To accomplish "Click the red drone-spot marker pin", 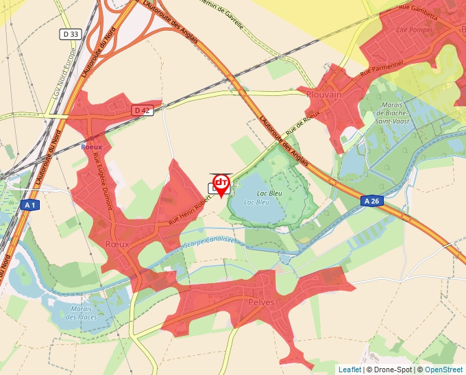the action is pyautogui.click(x=221, y=184).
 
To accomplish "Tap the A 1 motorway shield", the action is pyautogui.click(x=29, y=205).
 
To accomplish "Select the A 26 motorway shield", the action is pyautogui.click(x=371, y=201).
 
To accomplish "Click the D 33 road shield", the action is pyautogui.click(x=71, y=33).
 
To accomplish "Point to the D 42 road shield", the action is pyautogui.click(x=142, y=110).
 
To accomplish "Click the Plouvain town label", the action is pyautogui.click(x=325, y=95).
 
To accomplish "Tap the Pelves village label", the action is pyautogui.click(x=262, y=302).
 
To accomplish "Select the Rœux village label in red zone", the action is pyautogui.click(x=117, y=243).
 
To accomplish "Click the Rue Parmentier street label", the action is pyautogui.click(x=385, y=68).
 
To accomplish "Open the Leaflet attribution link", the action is pyautogui.click(x=349, y=370).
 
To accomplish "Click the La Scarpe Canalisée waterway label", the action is pyautogui.click(x=206, y=243).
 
